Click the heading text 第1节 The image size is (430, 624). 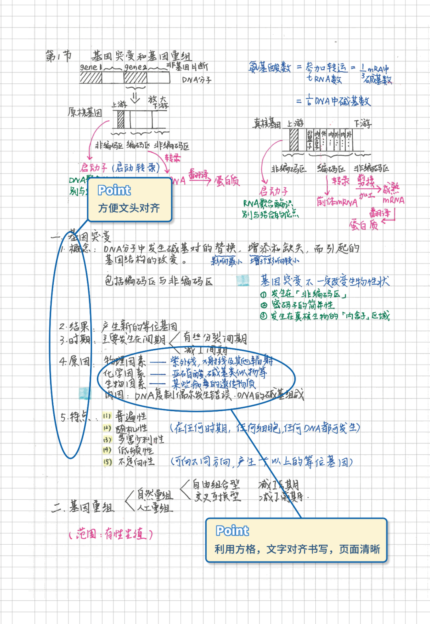(x=58, y=56)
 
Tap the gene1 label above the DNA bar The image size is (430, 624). (x=91, y=67)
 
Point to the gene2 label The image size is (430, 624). (x=135, y=67)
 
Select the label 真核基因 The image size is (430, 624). (x=267, y=124)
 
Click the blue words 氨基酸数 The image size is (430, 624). (x=270, y=67)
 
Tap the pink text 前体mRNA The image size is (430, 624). (x=337, y=202)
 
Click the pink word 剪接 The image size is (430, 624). (x=365, y=181)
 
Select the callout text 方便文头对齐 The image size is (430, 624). (x=129, y=208)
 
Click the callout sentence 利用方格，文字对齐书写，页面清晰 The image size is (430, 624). (x=297, y=549)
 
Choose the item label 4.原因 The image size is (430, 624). (x=74, y=361)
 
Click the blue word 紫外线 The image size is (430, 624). (x=183, y=361)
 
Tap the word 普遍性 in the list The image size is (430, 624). (x=131, y=416)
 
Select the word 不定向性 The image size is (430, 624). (x=136, y=462)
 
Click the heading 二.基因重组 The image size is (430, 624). (x=83, y=507)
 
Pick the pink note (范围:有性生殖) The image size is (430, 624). (x=111, y=534)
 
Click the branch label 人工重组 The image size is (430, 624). (x=155, y=508)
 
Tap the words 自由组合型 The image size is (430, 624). (x=216, y=485)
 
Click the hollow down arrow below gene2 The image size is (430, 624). (x=135, y=97)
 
